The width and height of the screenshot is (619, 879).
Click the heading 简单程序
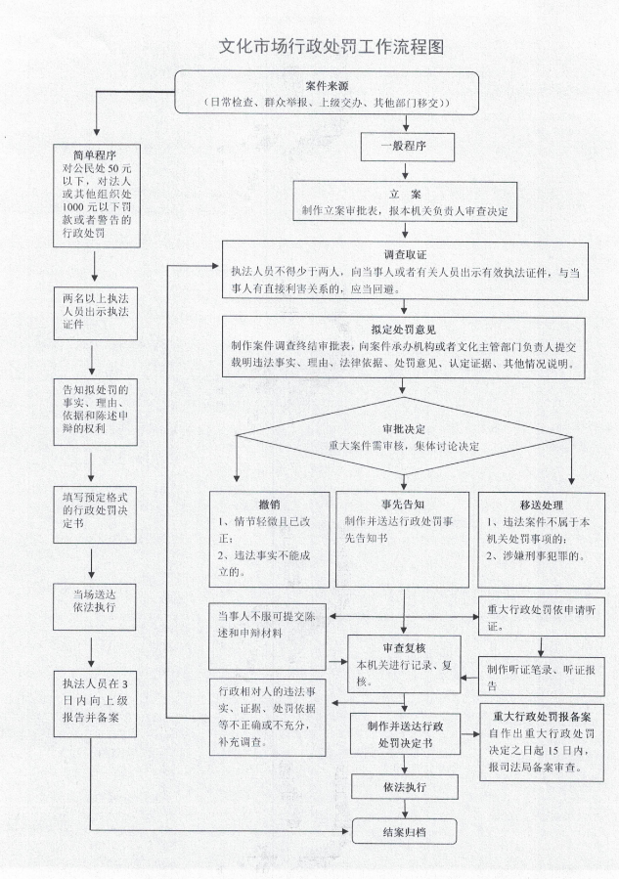pyautogui.click(x=95, y=155)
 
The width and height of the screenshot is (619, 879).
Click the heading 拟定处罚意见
pyautogui.click(x=405, y=331)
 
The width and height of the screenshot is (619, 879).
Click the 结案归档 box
pyautogui.click(x=404, y=833)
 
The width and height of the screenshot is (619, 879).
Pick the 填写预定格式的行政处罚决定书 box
pyautogui.click(x=95, y=508)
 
